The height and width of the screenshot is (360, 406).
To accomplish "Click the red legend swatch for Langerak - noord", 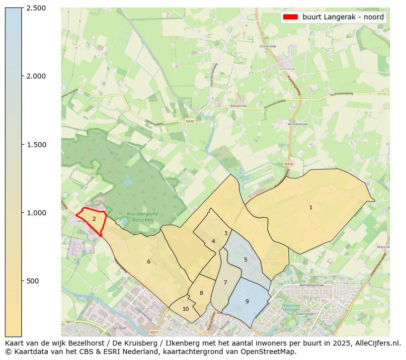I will (x=290, y=17).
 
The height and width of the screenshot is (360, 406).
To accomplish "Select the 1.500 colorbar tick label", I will (x=36, y=145).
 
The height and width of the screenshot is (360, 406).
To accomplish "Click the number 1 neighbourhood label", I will (x=311, y=207).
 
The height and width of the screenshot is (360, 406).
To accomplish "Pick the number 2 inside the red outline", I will (x=94, y=219).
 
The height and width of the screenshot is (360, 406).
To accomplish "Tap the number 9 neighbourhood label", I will (x=247, y=301).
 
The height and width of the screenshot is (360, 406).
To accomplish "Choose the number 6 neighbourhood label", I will (x=149, y=262).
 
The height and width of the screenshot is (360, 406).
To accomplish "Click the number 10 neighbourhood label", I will (x=185, y=309).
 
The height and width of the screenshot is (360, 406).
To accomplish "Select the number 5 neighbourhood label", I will (x=245, y=260).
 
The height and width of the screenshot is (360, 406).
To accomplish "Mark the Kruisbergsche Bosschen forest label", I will (x=135, y=217).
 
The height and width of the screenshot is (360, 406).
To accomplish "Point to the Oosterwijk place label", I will (x=267, y=46).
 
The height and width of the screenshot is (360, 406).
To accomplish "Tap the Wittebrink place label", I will (x=238, y=106).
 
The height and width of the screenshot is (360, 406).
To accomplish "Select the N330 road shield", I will (x=190, y=121).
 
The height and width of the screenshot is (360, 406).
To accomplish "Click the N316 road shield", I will (x=290, y=164).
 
